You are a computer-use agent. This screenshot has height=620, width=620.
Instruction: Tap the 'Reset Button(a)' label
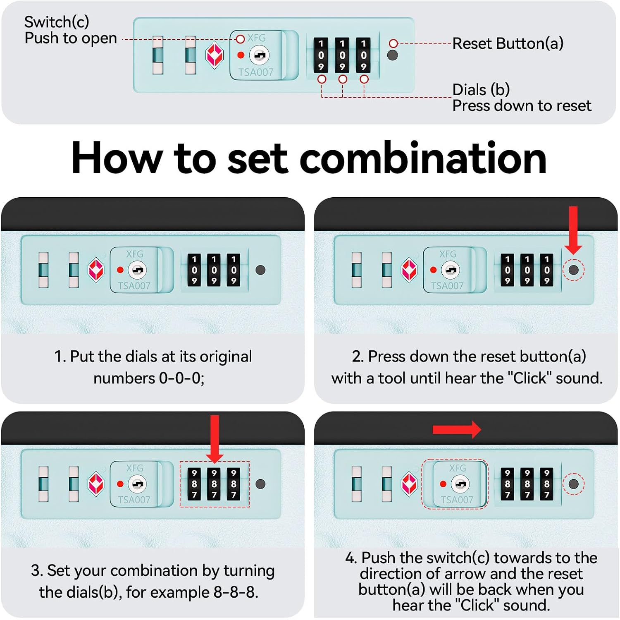(x=508, y=43)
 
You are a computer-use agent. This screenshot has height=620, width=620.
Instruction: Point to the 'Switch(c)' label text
(x=57, y=22)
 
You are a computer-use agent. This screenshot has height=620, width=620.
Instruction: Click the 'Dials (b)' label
(x=481, y=89)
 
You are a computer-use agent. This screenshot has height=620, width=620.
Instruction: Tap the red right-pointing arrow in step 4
(x=457, y=430)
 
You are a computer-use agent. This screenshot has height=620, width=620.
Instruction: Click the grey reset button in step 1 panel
(x=260, y=270)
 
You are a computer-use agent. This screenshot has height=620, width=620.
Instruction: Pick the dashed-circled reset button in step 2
(x=574, y=270)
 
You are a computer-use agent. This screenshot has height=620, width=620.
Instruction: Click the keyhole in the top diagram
(x=259, y=55)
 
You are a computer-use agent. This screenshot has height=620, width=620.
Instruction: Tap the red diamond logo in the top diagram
(x=215, y=55)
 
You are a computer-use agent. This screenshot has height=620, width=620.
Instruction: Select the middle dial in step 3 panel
(x=214, y=484)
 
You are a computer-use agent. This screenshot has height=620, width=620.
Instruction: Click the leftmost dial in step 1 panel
(x=194, y=270)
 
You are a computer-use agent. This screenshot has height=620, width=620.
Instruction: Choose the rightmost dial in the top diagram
(x=363, y=55)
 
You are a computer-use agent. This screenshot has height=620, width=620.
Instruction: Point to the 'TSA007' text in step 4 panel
(x=457, y=500)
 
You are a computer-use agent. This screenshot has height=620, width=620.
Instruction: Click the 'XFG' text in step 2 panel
(x=448, y=254)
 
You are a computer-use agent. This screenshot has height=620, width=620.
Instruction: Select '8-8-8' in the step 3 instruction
(x=236, y=592)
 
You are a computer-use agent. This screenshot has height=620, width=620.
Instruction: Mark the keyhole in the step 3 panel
(x=137, y=484)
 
